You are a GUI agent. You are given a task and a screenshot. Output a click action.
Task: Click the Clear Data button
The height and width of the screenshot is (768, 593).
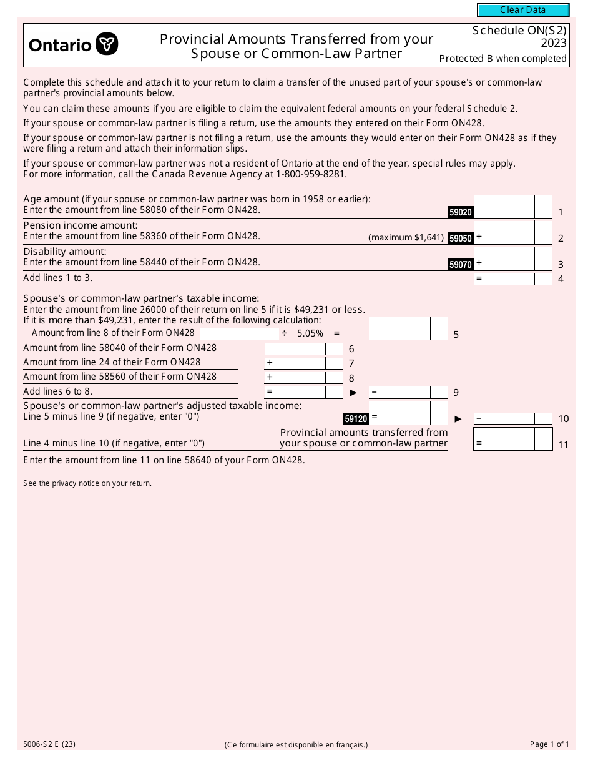(x=523, y=10)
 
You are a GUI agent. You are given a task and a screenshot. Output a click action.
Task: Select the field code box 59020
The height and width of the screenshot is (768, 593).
(x=460, y=212)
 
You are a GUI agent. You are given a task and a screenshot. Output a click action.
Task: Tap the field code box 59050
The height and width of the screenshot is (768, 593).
(x=460, y=239)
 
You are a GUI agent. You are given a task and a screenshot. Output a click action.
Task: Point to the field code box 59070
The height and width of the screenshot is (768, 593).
(x=460, y=265)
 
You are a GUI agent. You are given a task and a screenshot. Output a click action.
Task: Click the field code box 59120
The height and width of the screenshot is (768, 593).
(x=356, y=419)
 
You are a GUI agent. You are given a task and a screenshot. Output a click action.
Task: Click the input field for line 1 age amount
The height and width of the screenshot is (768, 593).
(x=504, y=206)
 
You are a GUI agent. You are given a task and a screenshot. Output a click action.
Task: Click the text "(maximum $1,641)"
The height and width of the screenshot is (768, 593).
(x=406, y=238)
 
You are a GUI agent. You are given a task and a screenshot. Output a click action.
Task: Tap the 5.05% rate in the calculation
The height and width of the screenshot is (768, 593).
(x=310, y=333)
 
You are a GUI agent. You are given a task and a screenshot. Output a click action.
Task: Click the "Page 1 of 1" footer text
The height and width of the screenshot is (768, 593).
(x=549, y=744)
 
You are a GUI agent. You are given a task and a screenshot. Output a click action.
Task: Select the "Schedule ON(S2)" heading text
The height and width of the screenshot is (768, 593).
(x=519, y=30)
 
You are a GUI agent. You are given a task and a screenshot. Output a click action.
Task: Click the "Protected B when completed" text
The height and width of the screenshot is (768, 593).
(x=502, y=59)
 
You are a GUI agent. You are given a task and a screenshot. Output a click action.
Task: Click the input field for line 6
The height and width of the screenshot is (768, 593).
(x=295, y=348)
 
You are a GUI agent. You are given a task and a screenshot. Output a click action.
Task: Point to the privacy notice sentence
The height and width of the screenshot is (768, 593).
(x=87, y=483)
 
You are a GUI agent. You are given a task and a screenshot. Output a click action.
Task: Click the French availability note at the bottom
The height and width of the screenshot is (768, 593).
(x=296, y=744)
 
